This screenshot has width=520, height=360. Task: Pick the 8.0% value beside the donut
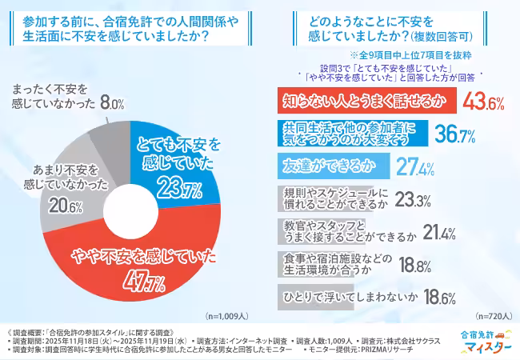[x=112, y=104]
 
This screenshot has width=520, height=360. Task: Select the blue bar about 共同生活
[x=348, y=133]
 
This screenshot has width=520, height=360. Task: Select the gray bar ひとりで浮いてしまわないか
[x=345, y=298]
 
